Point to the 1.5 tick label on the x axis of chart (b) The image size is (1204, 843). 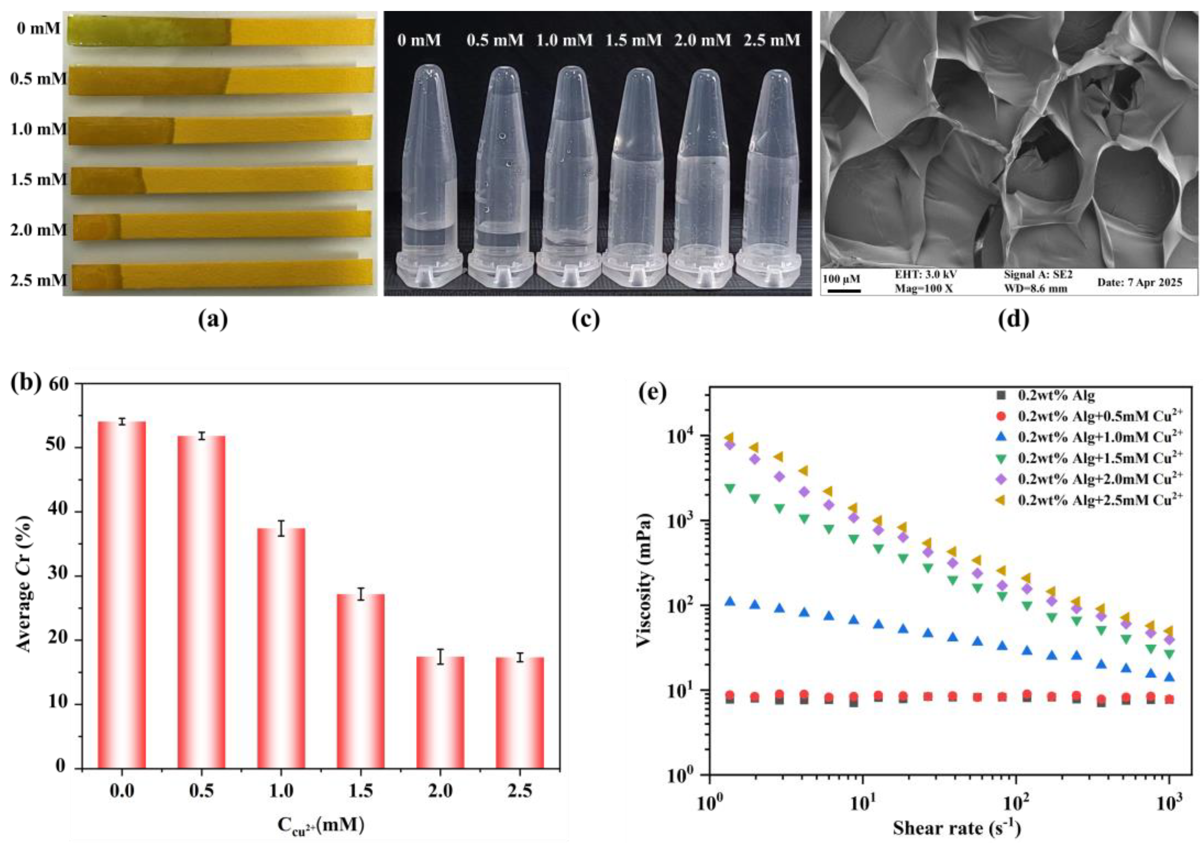(360, 791)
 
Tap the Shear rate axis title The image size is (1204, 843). (957, 828)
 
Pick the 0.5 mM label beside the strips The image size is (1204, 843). (38, 79)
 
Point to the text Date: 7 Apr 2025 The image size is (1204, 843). (1140, 282)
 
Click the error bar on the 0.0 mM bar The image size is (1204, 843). (122, 422)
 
